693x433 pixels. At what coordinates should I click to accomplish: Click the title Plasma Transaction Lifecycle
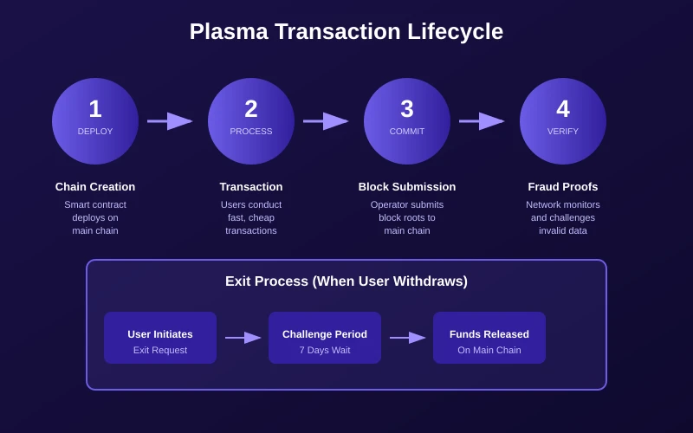(346, 32)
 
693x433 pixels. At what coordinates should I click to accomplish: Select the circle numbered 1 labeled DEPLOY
(95, 121)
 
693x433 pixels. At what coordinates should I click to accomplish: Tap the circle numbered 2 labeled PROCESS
(251, 121)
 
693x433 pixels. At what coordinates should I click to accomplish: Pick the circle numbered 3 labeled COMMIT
(407, 121)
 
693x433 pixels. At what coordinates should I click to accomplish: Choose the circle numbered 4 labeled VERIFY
(563, 121)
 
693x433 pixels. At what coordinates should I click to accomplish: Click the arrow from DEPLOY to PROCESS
(171, 121)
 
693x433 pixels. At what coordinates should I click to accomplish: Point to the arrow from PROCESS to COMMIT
(327, 121)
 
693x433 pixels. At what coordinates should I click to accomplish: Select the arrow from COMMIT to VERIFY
(483, 121)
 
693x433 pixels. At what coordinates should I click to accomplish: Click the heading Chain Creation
(95, 187)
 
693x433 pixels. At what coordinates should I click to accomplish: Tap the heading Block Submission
(407, 187)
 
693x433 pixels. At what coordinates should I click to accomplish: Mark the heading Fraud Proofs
(563, 187)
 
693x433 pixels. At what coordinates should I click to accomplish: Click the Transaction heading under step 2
(251, 187)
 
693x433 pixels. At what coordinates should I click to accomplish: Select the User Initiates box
(160, 338)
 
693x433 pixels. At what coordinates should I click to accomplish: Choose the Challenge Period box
(325, 338)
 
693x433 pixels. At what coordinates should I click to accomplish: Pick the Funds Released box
(489, 338)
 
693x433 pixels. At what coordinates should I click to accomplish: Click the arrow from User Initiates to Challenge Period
(243, 338)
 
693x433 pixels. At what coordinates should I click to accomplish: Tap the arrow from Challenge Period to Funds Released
(408, 338)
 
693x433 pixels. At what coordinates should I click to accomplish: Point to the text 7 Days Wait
(325, 350)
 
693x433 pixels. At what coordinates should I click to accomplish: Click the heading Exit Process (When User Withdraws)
(346, 281)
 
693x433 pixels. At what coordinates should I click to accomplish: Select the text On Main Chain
(489, 350)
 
